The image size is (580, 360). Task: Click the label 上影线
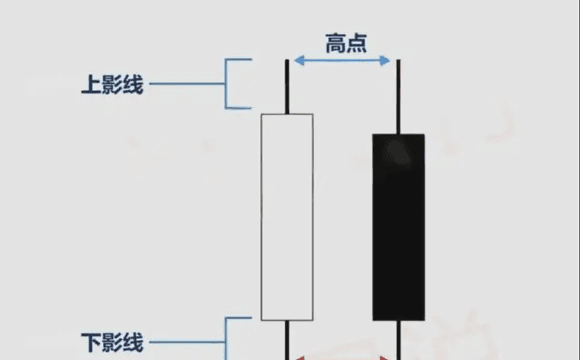[112, 85]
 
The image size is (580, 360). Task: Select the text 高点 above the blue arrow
[346, 43]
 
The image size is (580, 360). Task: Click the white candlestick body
[287, 217]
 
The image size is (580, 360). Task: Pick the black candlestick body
[398, 226]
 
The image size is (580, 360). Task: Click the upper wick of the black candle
[398, 95]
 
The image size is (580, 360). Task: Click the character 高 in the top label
[335, 43]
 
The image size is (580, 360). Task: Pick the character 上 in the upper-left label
[90, 85]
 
